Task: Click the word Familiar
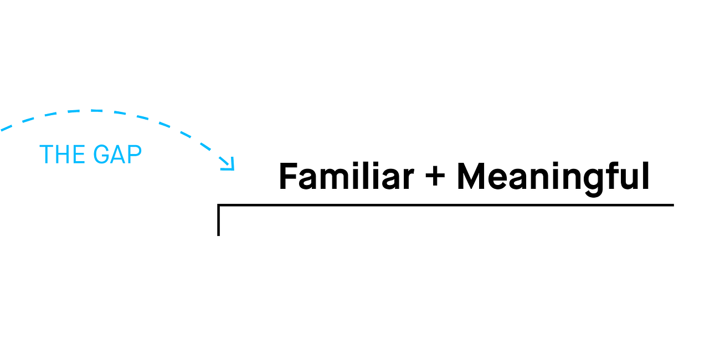(346, 177)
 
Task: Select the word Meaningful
(553, 177)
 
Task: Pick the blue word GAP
(117, 155)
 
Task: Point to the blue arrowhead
(229, 164)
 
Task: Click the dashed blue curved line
(89, 111)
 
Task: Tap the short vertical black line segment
(219, 220)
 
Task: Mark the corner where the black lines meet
(219, 205)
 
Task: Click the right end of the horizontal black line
(672, 205)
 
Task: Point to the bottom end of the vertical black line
(219, 234)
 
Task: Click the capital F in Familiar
(287, 177)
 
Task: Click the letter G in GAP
(102, 155)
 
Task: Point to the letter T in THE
(46, 155)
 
